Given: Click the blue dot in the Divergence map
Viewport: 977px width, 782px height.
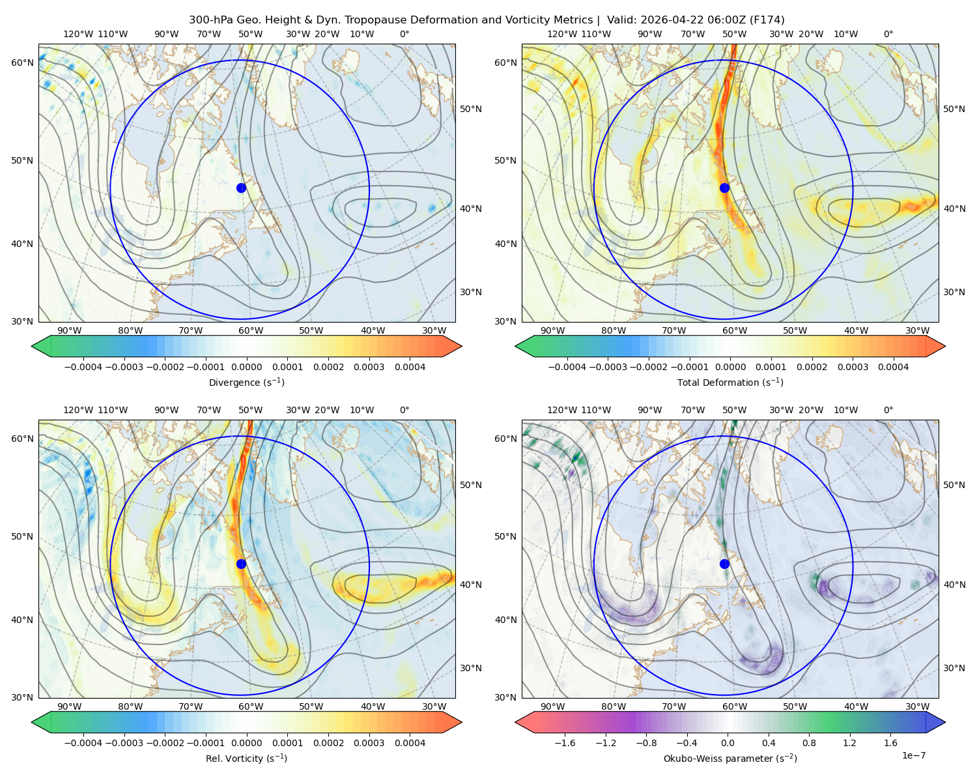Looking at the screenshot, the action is [x=241, y=188].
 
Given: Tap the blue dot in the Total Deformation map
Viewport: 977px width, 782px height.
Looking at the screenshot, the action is [x=724, y=188].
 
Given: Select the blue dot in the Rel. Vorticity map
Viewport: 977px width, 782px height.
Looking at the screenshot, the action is [x=241, y=564].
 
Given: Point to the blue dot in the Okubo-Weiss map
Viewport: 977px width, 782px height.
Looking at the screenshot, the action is [x=724, y=564].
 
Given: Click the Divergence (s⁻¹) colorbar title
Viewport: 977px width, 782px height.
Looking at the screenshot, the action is [x=246, y=382].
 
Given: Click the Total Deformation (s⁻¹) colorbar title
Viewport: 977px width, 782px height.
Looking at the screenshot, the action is [x=730, y=382].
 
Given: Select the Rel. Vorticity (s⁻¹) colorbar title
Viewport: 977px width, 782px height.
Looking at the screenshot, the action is [x=246, y=758].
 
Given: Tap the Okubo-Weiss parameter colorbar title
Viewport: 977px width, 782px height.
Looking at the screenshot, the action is [x=730, y=758].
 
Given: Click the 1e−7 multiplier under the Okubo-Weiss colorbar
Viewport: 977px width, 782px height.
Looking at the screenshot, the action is [x=913, y=755].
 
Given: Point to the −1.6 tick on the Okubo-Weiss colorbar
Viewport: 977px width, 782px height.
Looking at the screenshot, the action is [x=565, y=742].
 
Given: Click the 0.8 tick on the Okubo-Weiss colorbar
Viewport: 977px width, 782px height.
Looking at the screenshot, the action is [x=809, y=742].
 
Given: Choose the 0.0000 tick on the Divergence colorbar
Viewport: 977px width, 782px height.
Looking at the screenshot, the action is [x=246, y=367].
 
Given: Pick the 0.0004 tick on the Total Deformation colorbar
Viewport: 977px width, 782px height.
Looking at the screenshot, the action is [x=894, y=367].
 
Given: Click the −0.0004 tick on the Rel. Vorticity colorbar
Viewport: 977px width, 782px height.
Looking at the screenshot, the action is [x=83, y=742].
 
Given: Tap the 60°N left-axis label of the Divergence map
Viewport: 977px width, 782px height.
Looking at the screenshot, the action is [x=22, y=63].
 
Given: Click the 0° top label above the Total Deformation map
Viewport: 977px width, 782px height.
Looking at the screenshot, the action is [x=888, y=34].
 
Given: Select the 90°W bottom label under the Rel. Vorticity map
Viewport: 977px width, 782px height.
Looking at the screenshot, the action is [x=70, y=706].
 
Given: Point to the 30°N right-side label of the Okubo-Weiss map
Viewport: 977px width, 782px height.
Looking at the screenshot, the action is [x=954, y=667].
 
